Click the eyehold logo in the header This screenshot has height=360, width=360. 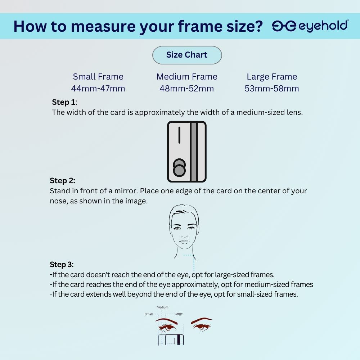pyautogui.click(x=310, y=26)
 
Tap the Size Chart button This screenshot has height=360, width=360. pyautogui.click(x=187, y=55)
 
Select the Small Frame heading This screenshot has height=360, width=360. pyautogui.click(x=98, y=77)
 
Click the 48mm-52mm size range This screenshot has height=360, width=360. pyautogui.click(x=186, y=89)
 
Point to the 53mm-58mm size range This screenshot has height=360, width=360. pyautogui.click(x=272, y=89)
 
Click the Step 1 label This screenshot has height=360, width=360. pyautogui.click(x=64, y=102)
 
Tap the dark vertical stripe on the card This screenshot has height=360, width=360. pyautogui.click(x=194, y=152)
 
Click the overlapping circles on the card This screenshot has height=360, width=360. pyautogui.click(x=179, y=168)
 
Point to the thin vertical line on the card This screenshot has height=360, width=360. pyautogui.click(x=179, y=135)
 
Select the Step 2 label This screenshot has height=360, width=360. pyautogui.click(x=62, y=181)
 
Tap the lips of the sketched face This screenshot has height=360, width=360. pyautogui.click(x=184, y=242)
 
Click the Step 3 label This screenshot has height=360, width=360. pyautogui.click(x=62, y=265)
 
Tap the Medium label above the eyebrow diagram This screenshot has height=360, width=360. pyautogui.click(x=162, y=307)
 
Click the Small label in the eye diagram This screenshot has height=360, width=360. pyautogui.click(x=149, y=314)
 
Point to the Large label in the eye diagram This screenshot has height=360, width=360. pyautogui.click(x=179, y=314)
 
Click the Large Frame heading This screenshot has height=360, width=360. pyautogui.click(x=272, y=77)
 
